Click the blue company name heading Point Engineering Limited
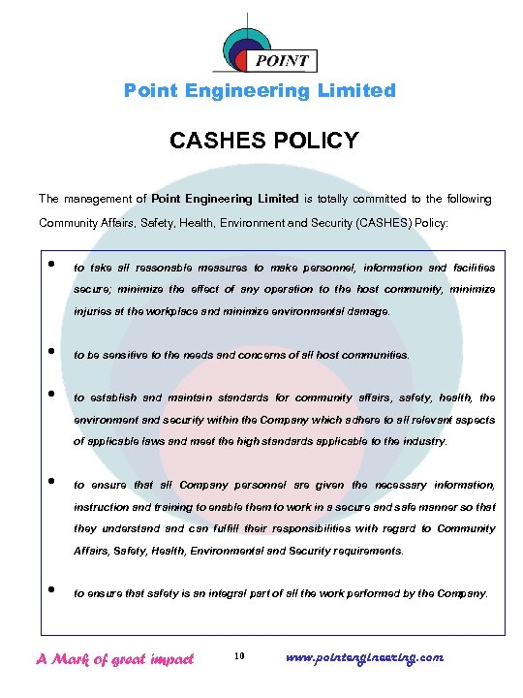click(x=261, y=91)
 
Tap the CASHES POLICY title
click(x=263, y=141)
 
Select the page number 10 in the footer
click(x=240, y=658)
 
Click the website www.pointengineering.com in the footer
click(x=365, y=657)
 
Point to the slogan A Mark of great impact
click(x=114, y=658)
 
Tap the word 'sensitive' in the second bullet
click(x=119, y=356)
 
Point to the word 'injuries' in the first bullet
click(x=92, y=312)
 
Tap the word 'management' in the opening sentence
click(x=97, y=199)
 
